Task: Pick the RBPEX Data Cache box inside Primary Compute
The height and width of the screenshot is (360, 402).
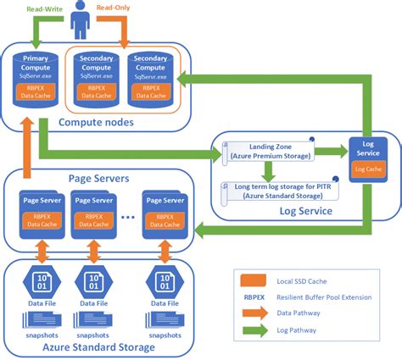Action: (x=36, y=91)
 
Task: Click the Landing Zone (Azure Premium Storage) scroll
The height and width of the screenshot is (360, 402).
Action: (x=266, y=152)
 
